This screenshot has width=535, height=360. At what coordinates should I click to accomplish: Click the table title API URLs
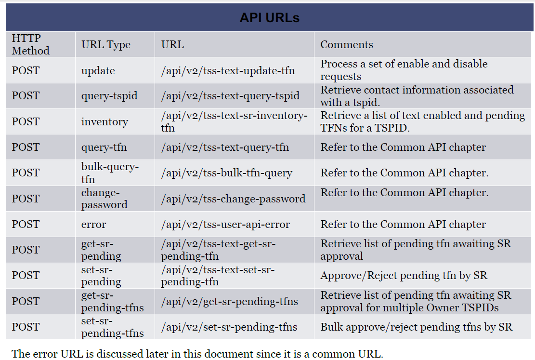click(269, 18)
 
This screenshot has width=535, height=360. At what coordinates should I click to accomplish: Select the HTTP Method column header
click(30, 44)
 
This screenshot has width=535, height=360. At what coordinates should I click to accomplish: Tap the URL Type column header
click(106, 45)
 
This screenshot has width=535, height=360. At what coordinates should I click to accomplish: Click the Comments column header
click(347, 44)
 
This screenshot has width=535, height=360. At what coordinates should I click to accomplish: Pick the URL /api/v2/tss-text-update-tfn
click(228, 71)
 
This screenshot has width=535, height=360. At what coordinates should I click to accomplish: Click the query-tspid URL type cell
click(109, 96)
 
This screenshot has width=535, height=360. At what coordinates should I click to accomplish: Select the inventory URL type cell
click(104, 121)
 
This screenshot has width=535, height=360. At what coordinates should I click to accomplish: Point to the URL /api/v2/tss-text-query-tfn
click(225, 147)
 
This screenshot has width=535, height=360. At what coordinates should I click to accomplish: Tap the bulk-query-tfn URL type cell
click(110, 173)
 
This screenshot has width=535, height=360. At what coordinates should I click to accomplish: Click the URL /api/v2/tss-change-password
click(233, 199)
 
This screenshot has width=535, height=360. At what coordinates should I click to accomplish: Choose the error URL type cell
click(93, 225)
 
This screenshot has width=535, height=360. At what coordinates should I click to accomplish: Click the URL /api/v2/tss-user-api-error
click(225, 225)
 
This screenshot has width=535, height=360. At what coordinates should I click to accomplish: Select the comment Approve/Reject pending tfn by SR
click(404, 276)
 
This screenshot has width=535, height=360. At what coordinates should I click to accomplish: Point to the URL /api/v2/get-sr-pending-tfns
click(229, 302)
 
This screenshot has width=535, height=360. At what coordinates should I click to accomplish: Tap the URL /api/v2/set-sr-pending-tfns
click(229, 327)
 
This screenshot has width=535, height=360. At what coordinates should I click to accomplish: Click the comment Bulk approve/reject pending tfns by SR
click(416, 327)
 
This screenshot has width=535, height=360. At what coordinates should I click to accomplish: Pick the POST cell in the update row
click(26, 70)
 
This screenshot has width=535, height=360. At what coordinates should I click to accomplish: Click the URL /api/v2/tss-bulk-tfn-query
click(226, 173)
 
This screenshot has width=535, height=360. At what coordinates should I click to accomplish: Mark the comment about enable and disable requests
click(404, 70)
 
